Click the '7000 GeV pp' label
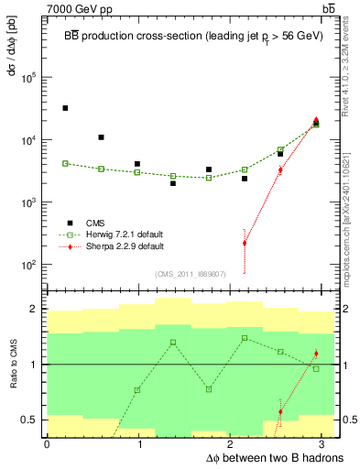pos(78,8)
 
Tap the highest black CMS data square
pos(65,108)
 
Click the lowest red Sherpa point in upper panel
pos(245,243)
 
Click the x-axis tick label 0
pos(47,443)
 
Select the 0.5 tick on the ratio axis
pos(35,420)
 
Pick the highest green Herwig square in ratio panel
pos(245,338)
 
